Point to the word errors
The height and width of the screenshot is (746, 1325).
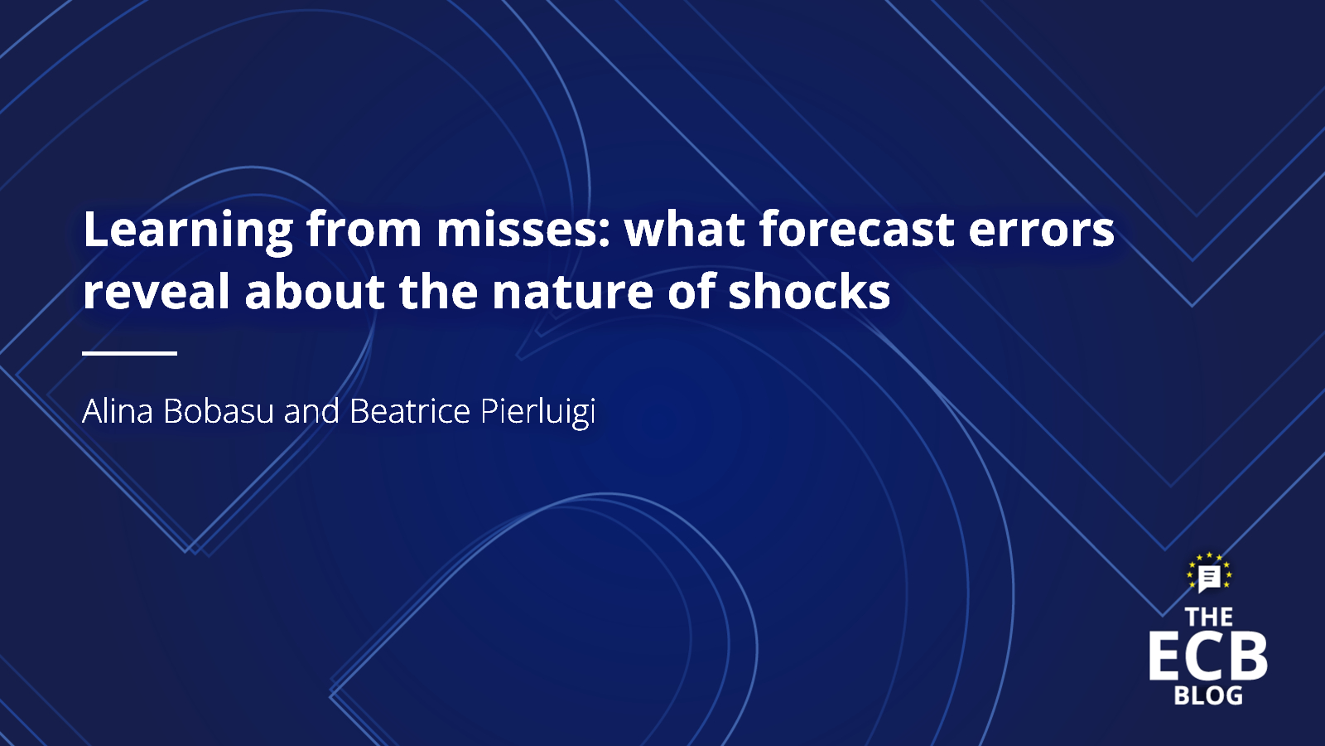click(x=1042, y=233)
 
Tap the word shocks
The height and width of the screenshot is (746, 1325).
click(x=809, y=291)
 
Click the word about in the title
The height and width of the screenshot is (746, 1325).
click(x=315, y=291)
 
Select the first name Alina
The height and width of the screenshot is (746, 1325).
click(x=118, y=411)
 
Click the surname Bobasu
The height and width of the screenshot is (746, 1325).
click(x=219, y=411)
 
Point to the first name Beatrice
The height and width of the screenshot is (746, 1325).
click(x=410, y=411)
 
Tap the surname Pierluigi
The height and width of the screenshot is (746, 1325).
click(x=537, y=413)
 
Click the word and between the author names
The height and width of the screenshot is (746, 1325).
click(x=311, y=411)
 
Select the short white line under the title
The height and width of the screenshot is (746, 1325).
click(x=129, y=353)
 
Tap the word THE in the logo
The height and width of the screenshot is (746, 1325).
click(x=1209, y=618)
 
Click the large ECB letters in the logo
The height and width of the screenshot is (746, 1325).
click(x=1208, y=656)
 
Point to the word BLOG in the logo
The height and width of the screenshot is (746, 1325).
click(x=1208, y=695)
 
